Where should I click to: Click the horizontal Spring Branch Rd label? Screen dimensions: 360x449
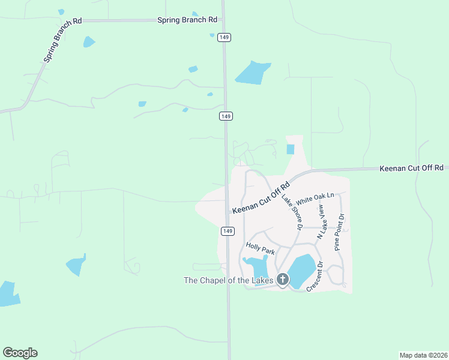click(187, 20)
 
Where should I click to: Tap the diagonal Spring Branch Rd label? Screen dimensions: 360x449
click(62, 40)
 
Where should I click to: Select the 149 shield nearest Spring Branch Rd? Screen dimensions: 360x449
click(224, 37)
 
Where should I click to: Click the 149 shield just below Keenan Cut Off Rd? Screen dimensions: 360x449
click(227, 231)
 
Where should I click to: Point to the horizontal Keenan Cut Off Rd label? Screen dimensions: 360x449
click(411, 169)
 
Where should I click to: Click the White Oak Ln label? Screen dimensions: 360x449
click(315, 197)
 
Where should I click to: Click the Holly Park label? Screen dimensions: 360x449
click(260, 248)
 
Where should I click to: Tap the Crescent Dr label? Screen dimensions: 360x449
click(315, 277)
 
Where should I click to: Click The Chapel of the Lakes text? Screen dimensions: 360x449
click(228, 280)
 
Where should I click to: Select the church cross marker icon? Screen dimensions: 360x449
click(283, 280)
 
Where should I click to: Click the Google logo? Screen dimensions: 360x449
click(20, 353)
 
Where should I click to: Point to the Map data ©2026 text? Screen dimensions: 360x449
click(423, 355)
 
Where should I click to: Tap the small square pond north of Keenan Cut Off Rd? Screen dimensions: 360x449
click(291, 149)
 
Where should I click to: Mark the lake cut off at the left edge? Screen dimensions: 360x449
click(7, 294)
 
